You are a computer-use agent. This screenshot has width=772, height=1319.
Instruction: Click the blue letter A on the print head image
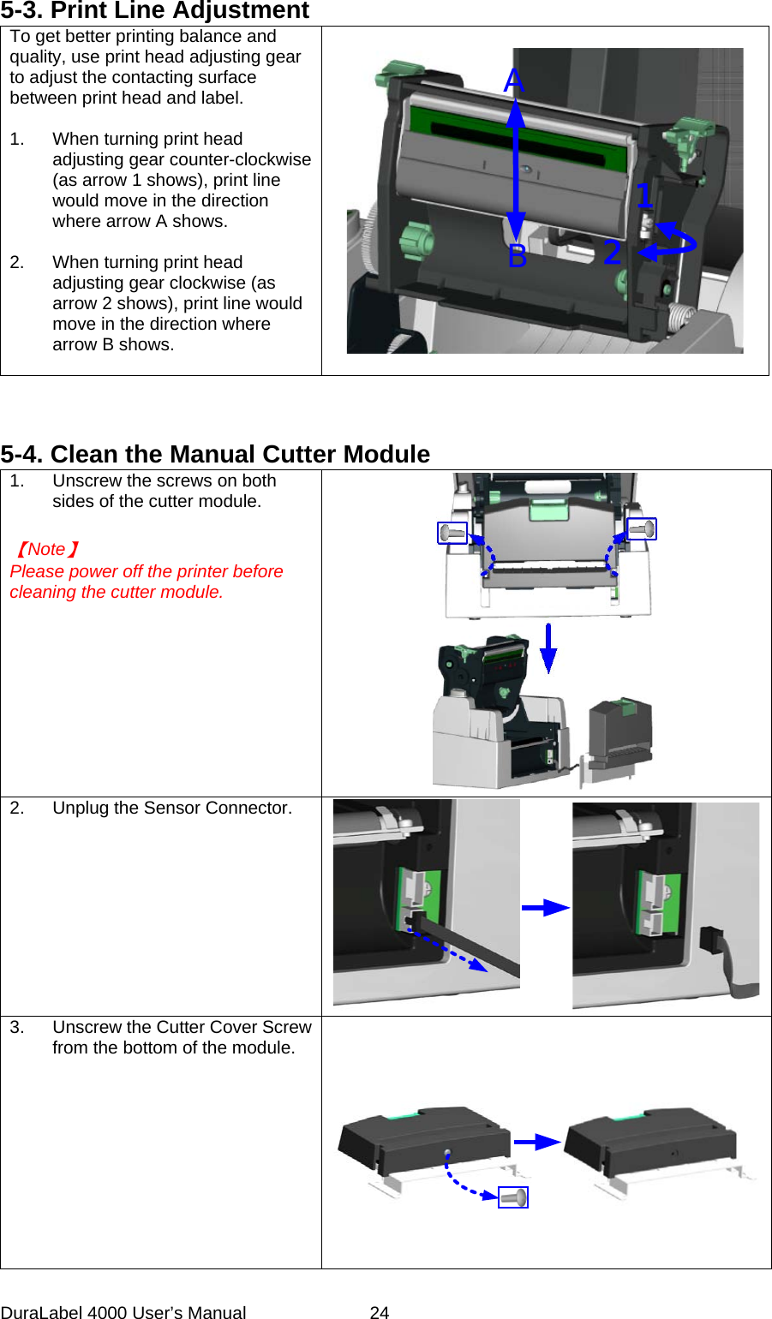click(x=514, y=81)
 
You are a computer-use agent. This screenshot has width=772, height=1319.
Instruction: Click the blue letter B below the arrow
click(x=518, y=256)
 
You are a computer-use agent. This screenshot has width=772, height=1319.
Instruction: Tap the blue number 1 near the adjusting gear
click(x=644, y=196)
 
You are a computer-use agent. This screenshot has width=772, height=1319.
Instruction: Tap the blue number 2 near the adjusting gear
click(x=612, y=253)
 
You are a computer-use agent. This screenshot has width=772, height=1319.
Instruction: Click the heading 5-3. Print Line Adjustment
click(x=154, y=11)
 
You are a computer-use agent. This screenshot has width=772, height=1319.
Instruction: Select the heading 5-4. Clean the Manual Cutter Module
click(x=215, y=454)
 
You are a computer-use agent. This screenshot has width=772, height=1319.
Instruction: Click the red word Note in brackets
click(x=46, y=550)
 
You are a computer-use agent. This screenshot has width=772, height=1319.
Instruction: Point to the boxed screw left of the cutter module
click(x=452, y=534)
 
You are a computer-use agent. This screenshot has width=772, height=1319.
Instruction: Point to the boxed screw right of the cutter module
click(x=642, y=529)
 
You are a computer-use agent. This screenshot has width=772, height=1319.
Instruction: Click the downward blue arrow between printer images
click(x=548, y=648)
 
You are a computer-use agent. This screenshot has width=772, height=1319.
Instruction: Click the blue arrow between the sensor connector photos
click(x=546, y=908)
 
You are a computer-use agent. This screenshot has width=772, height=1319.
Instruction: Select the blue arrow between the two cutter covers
click(x=537, y=1142)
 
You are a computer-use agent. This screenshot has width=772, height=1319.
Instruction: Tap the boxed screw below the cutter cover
click(x=513, y=1197)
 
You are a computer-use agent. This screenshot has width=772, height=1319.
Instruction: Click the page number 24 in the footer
click(x=380, y=1311)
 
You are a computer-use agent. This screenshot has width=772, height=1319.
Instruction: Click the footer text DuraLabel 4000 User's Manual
click(x=123, y=1311)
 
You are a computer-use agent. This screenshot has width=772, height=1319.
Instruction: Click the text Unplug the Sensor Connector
click(x=172, y=809)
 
